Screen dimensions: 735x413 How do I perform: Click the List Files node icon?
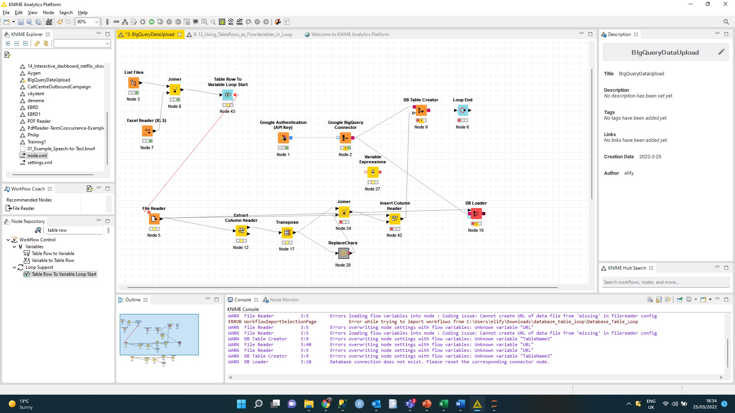(134, 83)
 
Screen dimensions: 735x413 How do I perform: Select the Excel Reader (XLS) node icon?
(147, 131)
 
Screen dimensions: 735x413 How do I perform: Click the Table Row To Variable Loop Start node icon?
(228, 95)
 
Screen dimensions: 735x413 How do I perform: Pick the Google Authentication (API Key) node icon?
(283, 138)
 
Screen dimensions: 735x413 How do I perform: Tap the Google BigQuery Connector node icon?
(345, 138)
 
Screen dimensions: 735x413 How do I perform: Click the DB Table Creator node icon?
(421, 111)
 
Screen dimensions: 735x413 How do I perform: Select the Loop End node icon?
(463, 111)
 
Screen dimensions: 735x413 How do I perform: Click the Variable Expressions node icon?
(373, 172)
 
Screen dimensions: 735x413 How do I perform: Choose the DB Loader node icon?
(476, 213)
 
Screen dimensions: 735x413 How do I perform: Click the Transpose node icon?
(287, 233)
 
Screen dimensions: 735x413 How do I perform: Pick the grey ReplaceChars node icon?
(343, 253)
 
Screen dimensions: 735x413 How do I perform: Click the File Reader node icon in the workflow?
(154, 219)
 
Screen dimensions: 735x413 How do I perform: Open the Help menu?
(83, 13)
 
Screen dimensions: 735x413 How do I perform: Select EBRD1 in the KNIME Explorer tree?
(34, 114)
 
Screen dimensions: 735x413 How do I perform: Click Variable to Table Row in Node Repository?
(53, 260)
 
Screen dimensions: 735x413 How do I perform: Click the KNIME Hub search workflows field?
(665, 282)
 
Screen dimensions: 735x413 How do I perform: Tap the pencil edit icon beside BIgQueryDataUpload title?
(721, 52)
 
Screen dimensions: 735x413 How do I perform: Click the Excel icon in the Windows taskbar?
(443, 404)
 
